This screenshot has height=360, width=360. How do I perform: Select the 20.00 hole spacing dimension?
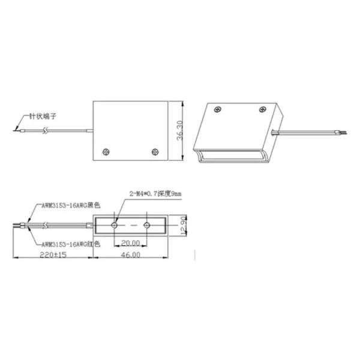click(x=130, y=243)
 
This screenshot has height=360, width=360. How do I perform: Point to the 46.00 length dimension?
click(x=130, y=255)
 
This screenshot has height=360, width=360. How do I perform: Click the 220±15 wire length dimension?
click(x=53, y=255)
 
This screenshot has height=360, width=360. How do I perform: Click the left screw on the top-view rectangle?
click(x=107, y=151)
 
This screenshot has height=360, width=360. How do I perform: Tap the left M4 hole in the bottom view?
click(x=115, y=225)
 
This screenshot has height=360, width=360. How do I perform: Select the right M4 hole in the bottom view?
click(x=148, y=225)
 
